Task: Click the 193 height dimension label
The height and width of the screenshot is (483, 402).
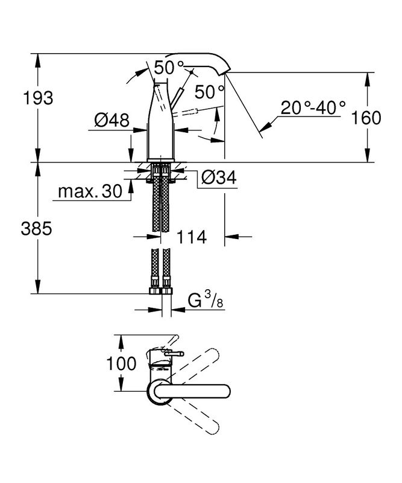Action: (38, 98)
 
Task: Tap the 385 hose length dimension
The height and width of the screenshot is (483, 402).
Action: (36, 229)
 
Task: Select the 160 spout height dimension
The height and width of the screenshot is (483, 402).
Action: (366, 118)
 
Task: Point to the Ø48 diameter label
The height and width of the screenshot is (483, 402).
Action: (111, 120)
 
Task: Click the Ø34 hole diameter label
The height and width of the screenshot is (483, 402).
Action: (219, 178)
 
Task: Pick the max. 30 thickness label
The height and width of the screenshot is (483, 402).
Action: (90, 191)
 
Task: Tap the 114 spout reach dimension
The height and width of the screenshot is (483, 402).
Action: (191, 237)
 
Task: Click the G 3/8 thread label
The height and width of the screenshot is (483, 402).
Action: (205, 300)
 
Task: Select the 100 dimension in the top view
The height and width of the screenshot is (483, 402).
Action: (121, 363)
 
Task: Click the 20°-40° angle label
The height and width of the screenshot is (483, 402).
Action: (313, 108)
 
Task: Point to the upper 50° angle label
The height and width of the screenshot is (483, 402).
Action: (169, 68)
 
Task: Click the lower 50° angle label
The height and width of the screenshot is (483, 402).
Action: (210, 92)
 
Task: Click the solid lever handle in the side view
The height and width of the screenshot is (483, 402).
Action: (177, 98)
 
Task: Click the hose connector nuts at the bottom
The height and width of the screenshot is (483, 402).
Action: (160, 291)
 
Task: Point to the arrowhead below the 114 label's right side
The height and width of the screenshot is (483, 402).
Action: (232, 237)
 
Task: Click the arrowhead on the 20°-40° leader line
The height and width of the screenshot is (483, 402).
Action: (265, 127)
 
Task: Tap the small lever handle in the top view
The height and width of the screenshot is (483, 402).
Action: (174, 354)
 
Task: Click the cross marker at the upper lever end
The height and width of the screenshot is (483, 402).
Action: (192, 72)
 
